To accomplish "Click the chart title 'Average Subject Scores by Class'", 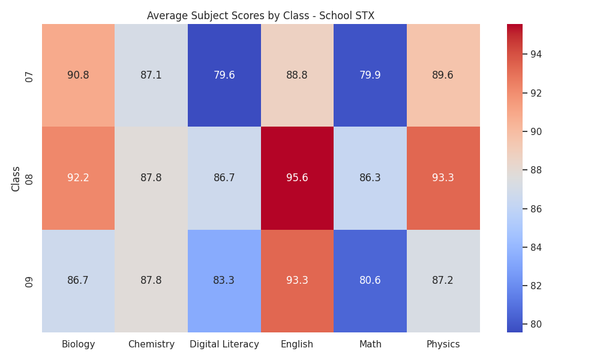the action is tap(228, 16).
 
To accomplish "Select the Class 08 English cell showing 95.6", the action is tap(297, 178).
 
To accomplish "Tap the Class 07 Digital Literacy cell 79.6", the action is tap(224, 76).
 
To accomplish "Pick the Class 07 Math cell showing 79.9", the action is tap(370, 76).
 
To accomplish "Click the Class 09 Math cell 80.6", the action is tap(370, 281).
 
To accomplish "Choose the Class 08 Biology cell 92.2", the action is tap(78, 178).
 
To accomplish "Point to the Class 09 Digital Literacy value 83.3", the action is tap(224, 280).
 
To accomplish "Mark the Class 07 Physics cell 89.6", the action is tap(443, 76).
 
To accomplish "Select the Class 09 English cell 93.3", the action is tap(297, 281).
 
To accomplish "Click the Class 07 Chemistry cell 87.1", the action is tap(151, 76).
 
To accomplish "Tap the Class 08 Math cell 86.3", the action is tap(370, 178).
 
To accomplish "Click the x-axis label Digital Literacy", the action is tap(224, 344).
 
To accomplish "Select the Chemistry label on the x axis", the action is tap(151, 344).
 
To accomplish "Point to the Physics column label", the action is tap(443, 344).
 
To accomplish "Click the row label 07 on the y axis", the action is tap(29, 77).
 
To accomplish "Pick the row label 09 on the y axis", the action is tap(29, 283).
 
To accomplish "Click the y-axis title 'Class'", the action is tap(16, 179).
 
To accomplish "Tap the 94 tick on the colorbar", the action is tap(536, 55).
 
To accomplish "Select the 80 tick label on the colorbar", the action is tap(536, 325).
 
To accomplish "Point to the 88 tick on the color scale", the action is tap(536, 170).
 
